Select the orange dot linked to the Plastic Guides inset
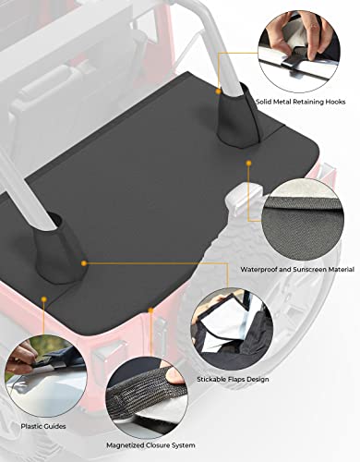click(42, 298)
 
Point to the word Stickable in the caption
click(222, 379)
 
